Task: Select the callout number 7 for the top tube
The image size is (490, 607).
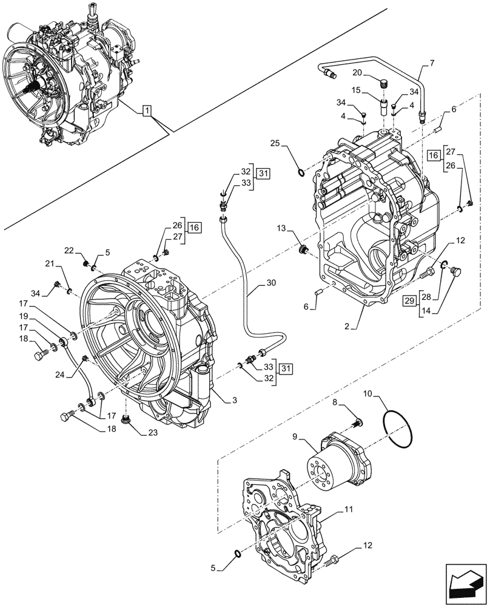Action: [431, 63]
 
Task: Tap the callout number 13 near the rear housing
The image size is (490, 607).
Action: [281, 228]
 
